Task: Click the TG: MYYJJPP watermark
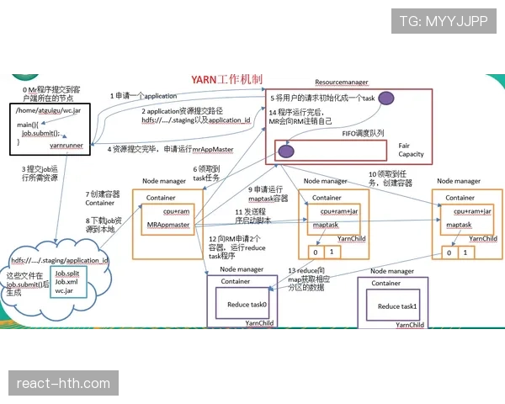click(x=443, y=23)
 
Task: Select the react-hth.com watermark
click(x=63, y=384)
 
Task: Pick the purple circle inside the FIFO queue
click(x=285, y=152)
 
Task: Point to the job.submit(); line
click(x=43, y=133)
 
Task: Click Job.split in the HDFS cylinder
click(x=67, y=274)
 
